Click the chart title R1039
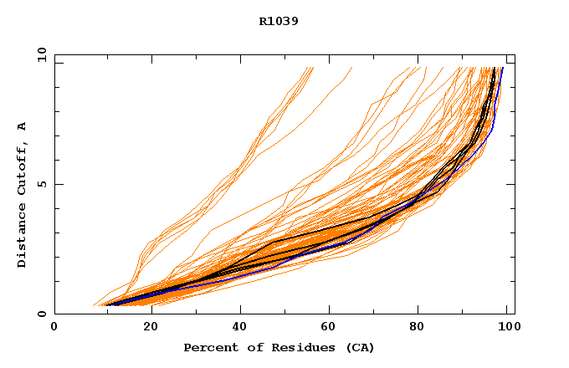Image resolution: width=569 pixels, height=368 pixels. click(x=279, y=21)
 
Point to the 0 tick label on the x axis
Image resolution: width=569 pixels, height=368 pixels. click(x=54, y=327)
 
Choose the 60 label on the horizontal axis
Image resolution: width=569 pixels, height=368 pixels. click(x=331, y=327)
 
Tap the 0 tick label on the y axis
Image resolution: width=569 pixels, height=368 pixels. click(x=41, y=314)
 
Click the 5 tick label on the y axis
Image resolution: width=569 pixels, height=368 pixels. click(x=41, y=184)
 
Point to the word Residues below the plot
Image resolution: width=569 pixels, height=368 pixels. click(x=288, y=347)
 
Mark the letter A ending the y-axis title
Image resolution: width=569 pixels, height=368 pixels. click(x=22, y=126)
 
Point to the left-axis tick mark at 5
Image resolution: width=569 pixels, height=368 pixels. click(x=58, y=184)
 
